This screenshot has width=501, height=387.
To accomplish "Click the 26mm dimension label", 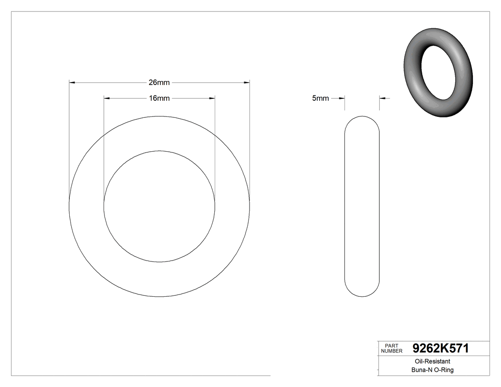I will (x=159, y=83).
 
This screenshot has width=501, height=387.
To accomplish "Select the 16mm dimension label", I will (x=159, y=98).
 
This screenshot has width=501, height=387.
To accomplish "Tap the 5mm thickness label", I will (x=320, y=98).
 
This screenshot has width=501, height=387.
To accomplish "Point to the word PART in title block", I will (x=391, y=346).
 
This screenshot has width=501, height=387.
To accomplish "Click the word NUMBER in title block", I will (x=392, y=351).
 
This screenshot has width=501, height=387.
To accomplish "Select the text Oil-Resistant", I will (x=430, y=362).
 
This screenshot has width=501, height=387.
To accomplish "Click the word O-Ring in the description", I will (x=443, y=370).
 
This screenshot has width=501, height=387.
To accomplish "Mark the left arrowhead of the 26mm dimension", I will (x=72, y=83).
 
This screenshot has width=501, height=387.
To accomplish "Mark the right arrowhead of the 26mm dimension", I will (x=247, y=83).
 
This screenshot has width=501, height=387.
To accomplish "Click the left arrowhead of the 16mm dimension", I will (x=107, y=98).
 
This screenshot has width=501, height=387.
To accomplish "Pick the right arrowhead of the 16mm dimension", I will (x=212, y=98).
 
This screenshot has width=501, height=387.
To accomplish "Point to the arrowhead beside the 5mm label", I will (x=342, y=98).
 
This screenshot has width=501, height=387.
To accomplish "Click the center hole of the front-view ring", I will (x=159, y=206).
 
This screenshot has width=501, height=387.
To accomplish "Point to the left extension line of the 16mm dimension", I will (x=104, y=143).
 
